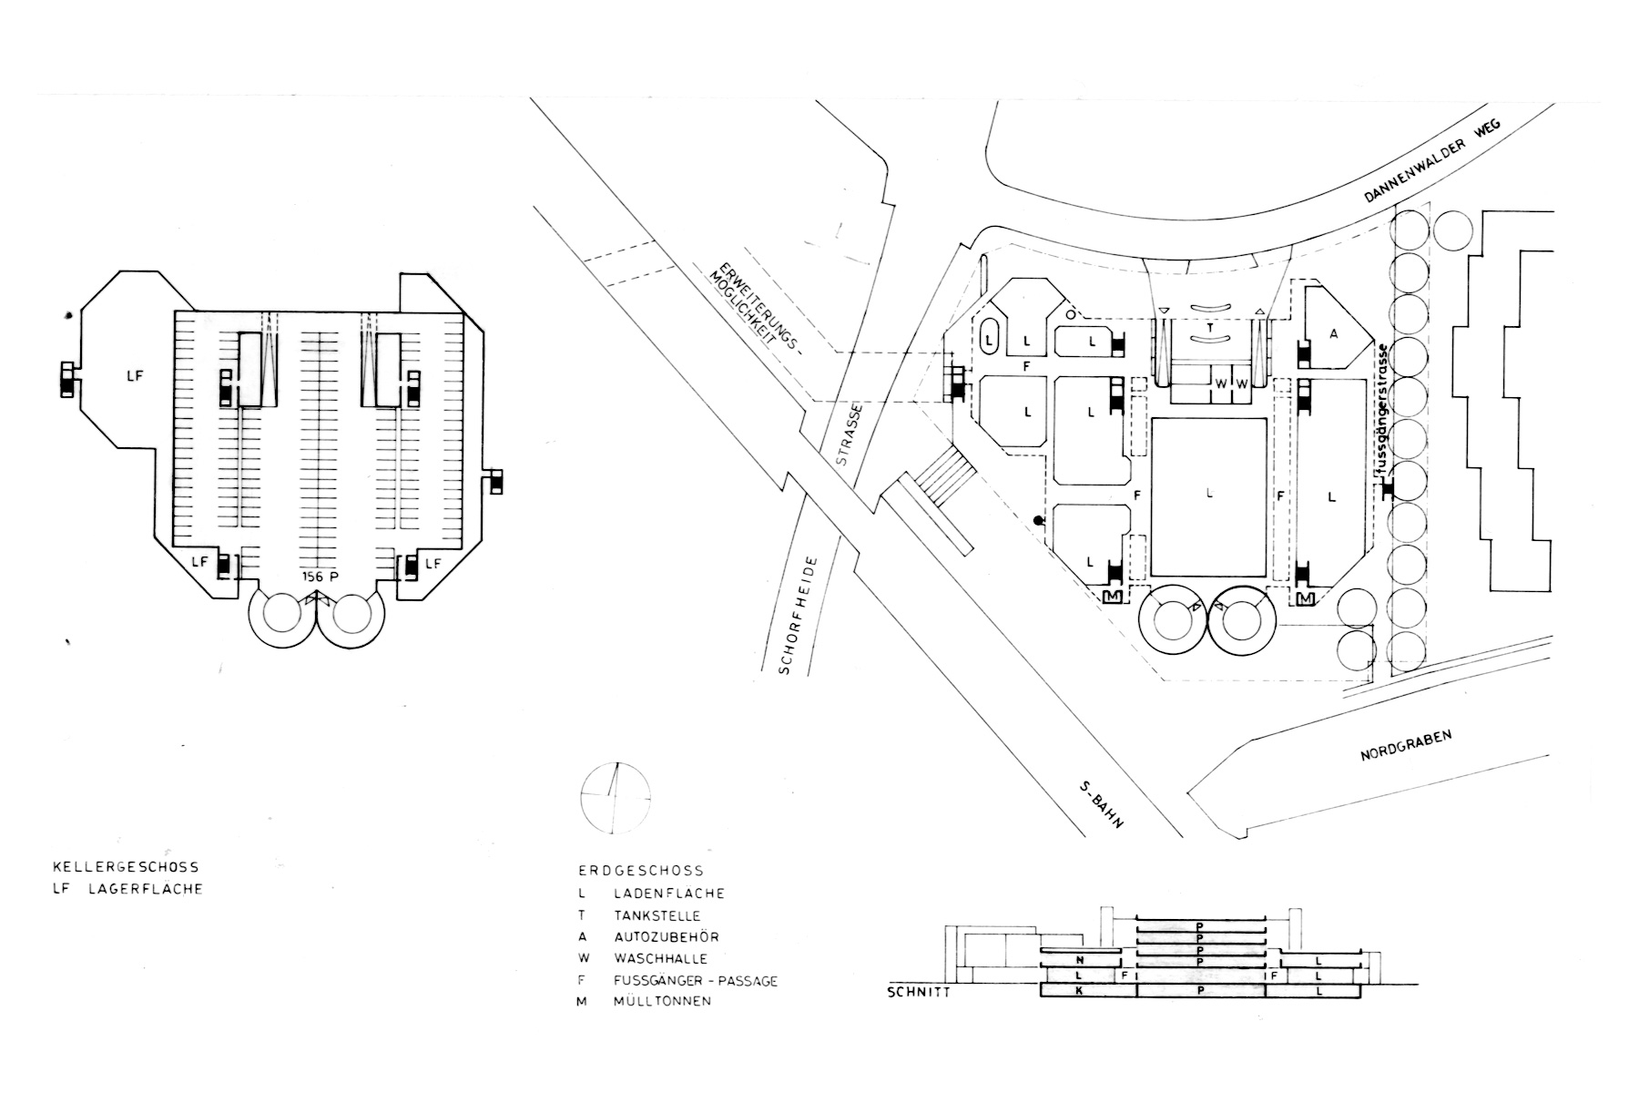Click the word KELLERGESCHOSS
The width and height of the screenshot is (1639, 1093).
click(127, 867)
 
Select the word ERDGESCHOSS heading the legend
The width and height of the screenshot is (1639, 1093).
click(641, 872)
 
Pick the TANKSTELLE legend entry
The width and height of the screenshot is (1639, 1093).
click(656, 915)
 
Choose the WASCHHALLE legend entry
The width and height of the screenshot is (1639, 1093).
click(659, 959)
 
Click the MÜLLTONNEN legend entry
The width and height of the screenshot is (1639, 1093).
click(661, 1002)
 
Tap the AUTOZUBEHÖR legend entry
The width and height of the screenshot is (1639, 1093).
click(666, 937)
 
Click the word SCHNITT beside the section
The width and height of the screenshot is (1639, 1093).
click(920, 992)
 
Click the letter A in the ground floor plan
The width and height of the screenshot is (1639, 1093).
click(1334, 334)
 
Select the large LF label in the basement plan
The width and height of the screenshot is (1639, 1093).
click(135, 374)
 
